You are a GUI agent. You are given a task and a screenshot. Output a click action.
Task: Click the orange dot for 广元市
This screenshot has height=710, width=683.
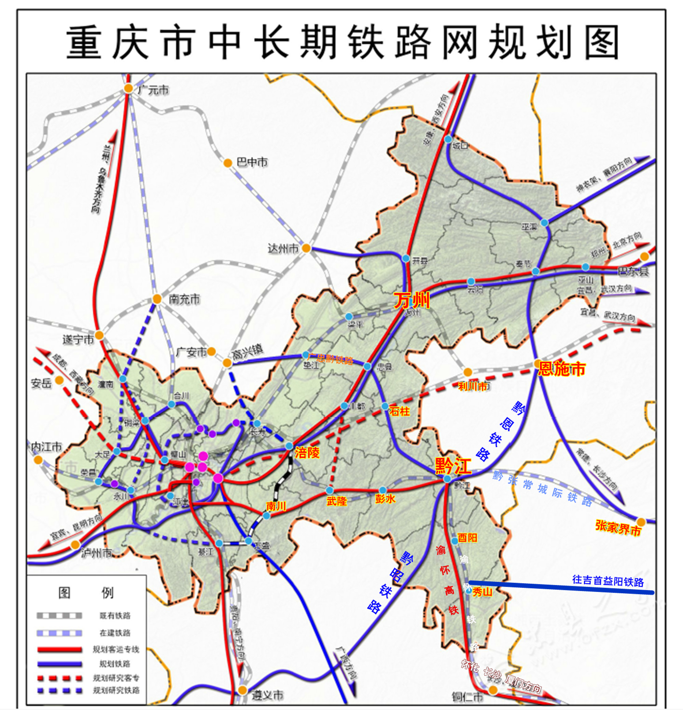(x=128, y=88)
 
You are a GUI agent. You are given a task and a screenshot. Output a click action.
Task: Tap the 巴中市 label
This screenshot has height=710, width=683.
(x=252, y=162)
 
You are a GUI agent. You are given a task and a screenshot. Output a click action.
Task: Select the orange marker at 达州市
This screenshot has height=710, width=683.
(x=306, y=248)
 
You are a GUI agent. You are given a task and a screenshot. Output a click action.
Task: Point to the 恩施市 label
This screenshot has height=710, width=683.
(x=562, y=369)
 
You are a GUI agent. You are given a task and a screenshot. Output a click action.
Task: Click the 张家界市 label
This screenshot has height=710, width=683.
(x=618, y=528)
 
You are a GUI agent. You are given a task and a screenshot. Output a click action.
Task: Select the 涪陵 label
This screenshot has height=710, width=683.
(x=307, y=453)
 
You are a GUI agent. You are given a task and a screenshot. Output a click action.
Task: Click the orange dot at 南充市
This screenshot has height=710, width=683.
(x=157, y=299)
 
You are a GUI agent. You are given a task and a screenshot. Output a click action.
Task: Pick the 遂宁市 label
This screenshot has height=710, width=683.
(x=78, y=339)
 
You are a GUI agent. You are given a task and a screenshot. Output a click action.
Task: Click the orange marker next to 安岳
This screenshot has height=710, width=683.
(x=59, y=380)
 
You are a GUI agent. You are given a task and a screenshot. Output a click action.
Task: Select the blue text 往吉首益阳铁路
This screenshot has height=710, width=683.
(x=608, y=581)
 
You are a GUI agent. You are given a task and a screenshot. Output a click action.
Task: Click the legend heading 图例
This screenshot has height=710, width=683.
(x=86, y=593)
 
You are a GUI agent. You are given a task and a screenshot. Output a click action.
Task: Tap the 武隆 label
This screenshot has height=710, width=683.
(x=337, y=501)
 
